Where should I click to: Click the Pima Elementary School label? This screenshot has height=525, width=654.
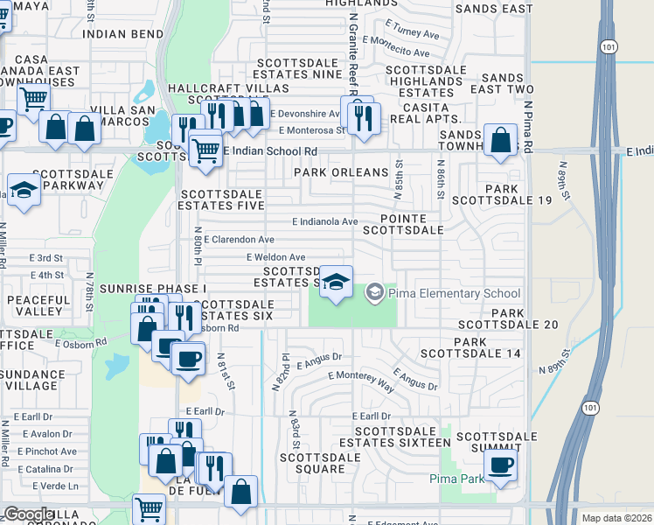point(454,293)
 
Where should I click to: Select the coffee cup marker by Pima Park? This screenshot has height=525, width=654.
point(500,465)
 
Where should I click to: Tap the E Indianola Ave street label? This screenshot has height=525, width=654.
point(325,222)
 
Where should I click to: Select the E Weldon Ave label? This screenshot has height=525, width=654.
point(275,257)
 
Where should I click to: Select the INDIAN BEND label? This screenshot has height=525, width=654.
point(122,34)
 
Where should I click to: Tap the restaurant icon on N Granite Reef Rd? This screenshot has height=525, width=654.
point(362,115)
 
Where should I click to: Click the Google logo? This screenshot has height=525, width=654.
point(28,514)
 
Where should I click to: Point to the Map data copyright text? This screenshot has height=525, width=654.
point(616,518)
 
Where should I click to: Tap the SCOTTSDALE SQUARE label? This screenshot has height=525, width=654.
point(313,463)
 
